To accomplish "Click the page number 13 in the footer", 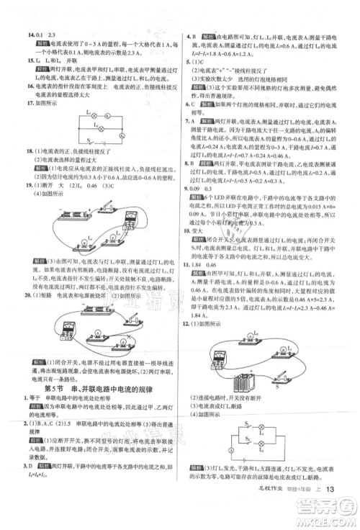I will (x=331, y=510).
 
